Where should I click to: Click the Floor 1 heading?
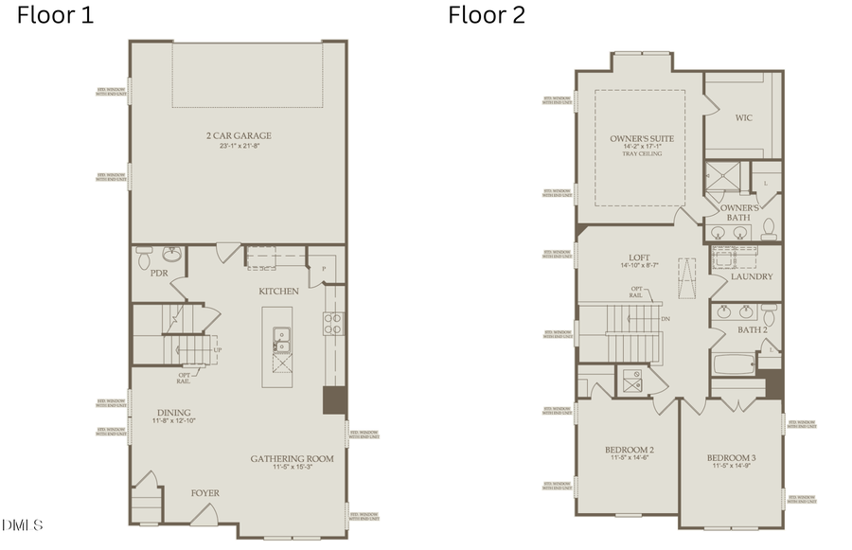click(56, 15)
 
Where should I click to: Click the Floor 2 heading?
click(487, 15)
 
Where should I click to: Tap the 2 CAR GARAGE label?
click(239, 136)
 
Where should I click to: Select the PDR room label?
click(160, 273)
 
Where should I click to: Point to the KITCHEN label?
click(279, 291)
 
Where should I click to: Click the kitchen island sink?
click(281, 334)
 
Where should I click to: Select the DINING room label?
click(174, 413)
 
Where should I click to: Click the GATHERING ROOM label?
click(292, 459)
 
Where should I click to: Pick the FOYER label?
click(205, 492)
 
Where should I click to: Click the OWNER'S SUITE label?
click(642, 139)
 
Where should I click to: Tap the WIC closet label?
click(744, 118)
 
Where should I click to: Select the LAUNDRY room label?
click(752, 276)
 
